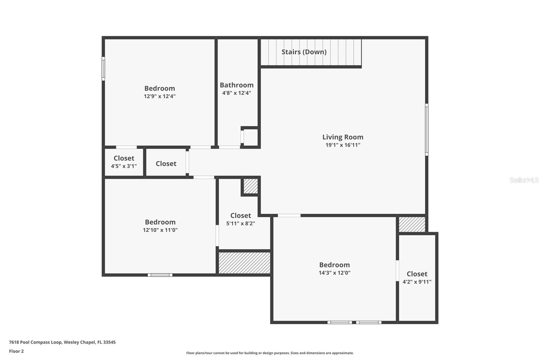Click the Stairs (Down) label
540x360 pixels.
(x=304, y=52)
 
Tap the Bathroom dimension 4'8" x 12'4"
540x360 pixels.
(x=237, y=93)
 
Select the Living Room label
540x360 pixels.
(x=343, y=137)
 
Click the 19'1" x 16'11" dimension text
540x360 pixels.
(x=343, y=145)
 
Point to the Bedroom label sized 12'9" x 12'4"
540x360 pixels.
(x=160, y=88)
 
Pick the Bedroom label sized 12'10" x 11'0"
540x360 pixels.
(x=160, y=222)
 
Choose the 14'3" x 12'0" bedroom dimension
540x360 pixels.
(x=334, y=273)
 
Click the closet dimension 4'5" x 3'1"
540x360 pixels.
(x=124, y=166)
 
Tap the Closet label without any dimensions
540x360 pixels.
(x=166, y=163)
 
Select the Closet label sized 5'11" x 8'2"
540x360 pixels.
(x=240, y=215)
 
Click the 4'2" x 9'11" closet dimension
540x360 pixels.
(x=417, y=282)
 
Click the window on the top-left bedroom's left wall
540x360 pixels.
(x=103, y=69)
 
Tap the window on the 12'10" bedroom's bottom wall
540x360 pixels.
(x=160, y=275)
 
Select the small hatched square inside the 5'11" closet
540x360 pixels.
(x=250, y=186)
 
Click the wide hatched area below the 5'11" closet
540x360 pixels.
(x=244, y=263)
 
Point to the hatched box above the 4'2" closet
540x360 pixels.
(x=412, y=224)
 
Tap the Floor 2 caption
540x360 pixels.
(x=16, y=351)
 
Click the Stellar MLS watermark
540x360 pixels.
(x=524, y=180)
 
